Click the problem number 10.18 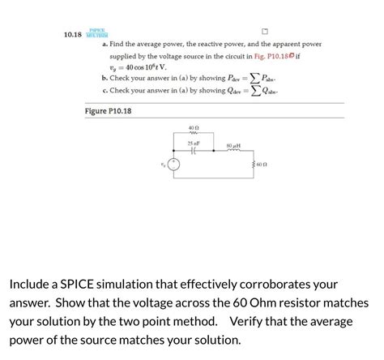click(x=74, y=35)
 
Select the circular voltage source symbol click(x=172, y=168)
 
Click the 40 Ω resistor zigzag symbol click(x=193, y=135)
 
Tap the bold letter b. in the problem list click(x=105, y=79)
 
